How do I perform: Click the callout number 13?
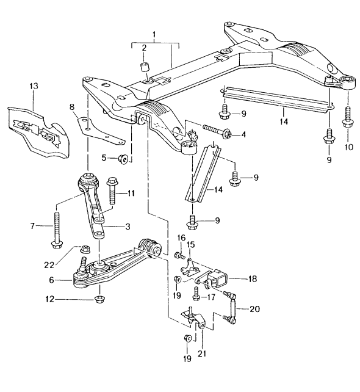pos(32,87)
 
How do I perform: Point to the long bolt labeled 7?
pos(57,231)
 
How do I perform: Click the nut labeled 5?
pos(122,159)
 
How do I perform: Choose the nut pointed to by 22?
pos(86,250)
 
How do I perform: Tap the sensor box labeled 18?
pos(218,280)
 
